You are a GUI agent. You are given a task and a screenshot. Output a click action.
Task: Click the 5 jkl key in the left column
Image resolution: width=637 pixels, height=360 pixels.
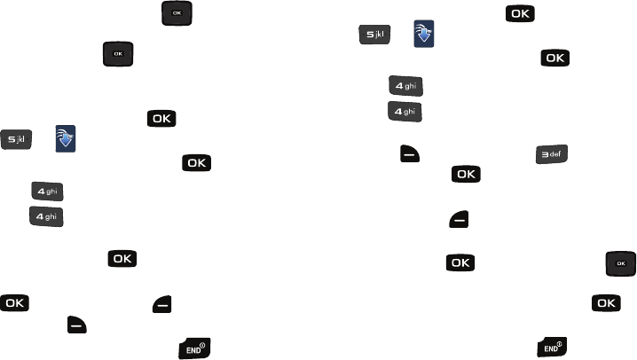(18, 138)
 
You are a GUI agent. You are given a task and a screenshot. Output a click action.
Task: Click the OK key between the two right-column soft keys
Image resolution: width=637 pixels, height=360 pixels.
(467, 175)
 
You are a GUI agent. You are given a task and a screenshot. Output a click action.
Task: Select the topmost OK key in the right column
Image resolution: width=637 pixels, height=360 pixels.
(522, 12)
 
